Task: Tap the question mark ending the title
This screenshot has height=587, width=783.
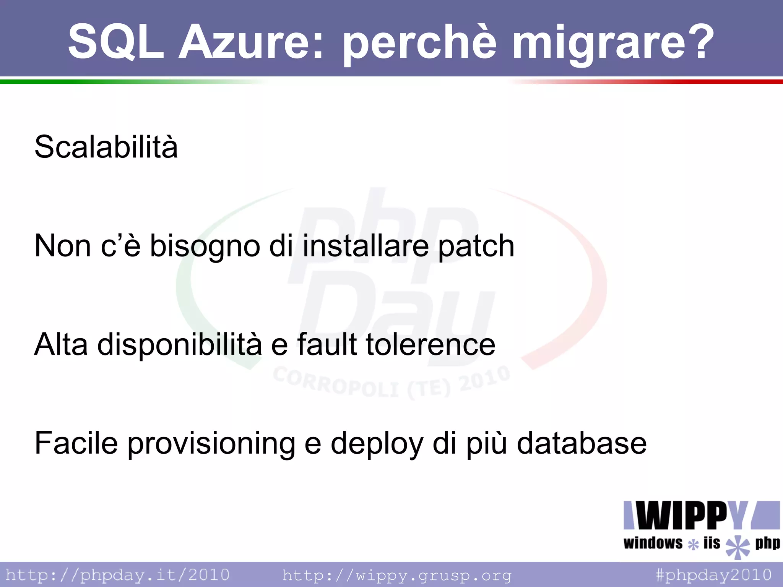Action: (700, 41)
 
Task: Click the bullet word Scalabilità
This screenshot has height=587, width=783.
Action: (106, 147)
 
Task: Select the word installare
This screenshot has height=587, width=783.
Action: (366, 246)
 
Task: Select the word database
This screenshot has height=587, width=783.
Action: (582, 443)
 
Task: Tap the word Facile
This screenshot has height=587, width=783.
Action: (76, 443)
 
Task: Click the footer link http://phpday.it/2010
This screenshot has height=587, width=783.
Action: (117, 575)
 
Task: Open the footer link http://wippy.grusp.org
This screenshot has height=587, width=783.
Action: (397, 575)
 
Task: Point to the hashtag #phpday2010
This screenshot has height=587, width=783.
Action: (714, 575)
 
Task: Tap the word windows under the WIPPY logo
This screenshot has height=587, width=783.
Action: (653, 543)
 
